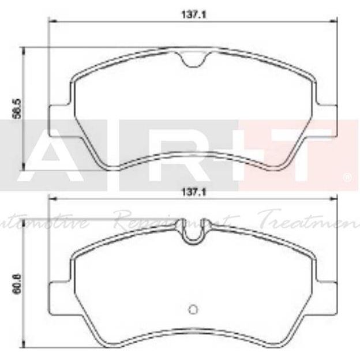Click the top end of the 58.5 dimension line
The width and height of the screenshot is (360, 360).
23,48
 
